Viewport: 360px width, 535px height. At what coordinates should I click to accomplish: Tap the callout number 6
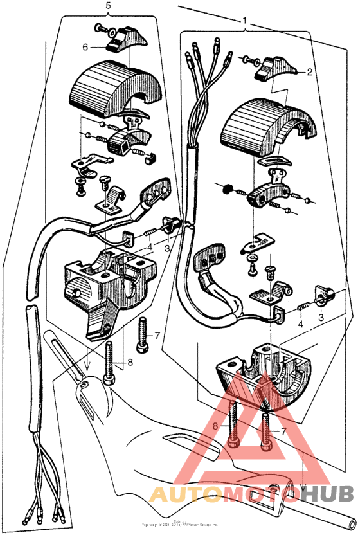tap(85, 46)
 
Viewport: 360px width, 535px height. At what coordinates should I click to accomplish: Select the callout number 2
tap(309, 73)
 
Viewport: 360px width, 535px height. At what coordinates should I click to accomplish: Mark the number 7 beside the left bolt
tap(157, 336)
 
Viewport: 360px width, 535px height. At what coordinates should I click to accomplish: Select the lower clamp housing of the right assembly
tap(257, 379)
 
